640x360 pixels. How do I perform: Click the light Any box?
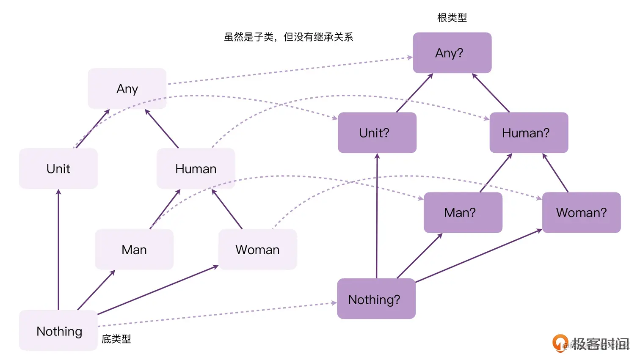tap(127, 88)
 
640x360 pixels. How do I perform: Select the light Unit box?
tap(58, 168)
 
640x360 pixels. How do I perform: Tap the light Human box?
tap(196, 168)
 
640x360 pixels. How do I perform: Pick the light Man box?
tap(134, 250)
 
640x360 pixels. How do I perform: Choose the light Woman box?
tap(257, 250)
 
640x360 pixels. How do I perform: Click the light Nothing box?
tap(59, 331)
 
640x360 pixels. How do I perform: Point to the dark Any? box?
tap(452, 53)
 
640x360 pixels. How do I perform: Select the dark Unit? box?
tap(377, 133)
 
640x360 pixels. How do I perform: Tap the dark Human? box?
tap(529, 133)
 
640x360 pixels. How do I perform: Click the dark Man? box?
tap(463, 212)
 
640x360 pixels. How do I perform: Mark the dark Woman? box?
tap(581, 212)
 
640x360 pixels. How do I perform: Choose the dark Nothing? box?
tap(376, 299)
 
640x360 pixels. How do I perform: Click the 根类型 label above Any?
tap(452, 18)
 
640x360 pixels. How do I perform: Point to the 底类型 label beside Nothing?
tap(116, 339)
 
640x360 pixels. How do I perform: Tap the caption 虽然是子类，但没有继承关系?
tap(288, 37)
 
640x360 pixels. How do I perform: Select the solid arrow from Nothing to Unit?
tap(58, 250)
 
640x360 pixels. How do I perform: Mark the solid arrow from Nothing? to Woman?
tap(478, 256)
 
